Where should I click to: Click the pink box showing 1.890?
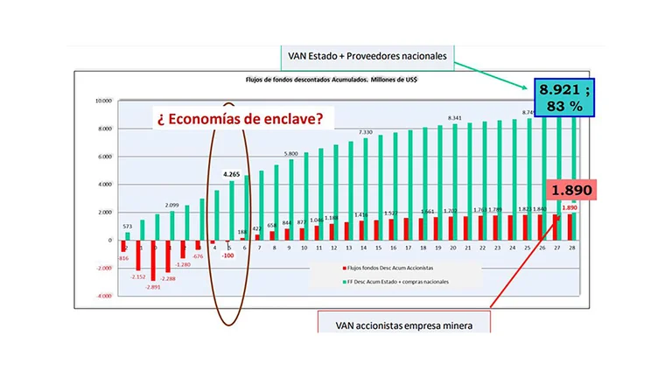570,190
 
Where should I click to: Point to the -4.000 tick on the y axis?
103,296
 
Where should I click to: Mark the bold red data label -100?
228,255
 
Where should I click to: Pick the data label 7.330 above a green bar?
365,131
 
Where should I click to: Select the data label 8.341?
455,117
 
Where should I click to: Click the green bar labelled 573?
128,236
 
